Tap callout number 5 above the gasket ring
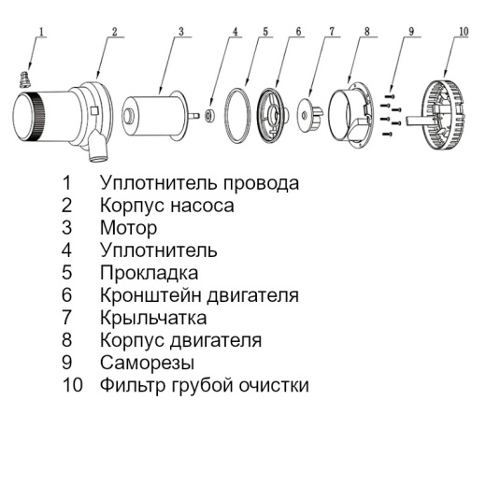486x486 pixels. coord(266,31)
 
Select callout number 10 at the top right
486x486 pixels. coord(464,31)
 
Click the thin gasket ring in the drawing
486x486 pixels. coord(242,116)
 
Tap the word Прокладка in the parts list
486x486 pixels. coord(150,273)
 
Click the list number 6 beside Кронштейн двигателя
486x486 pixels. coord(66,295)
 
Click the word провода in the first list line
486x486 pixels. coord(263,182)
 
